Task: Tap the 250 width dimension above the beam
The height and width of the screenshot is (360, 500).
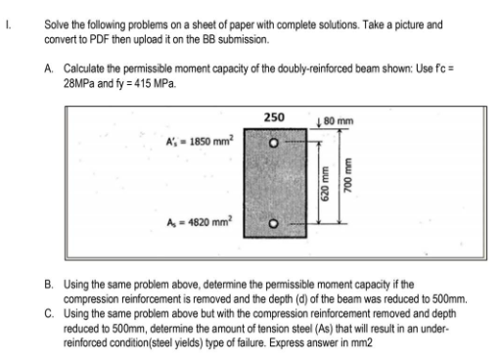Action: (275, 117)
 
